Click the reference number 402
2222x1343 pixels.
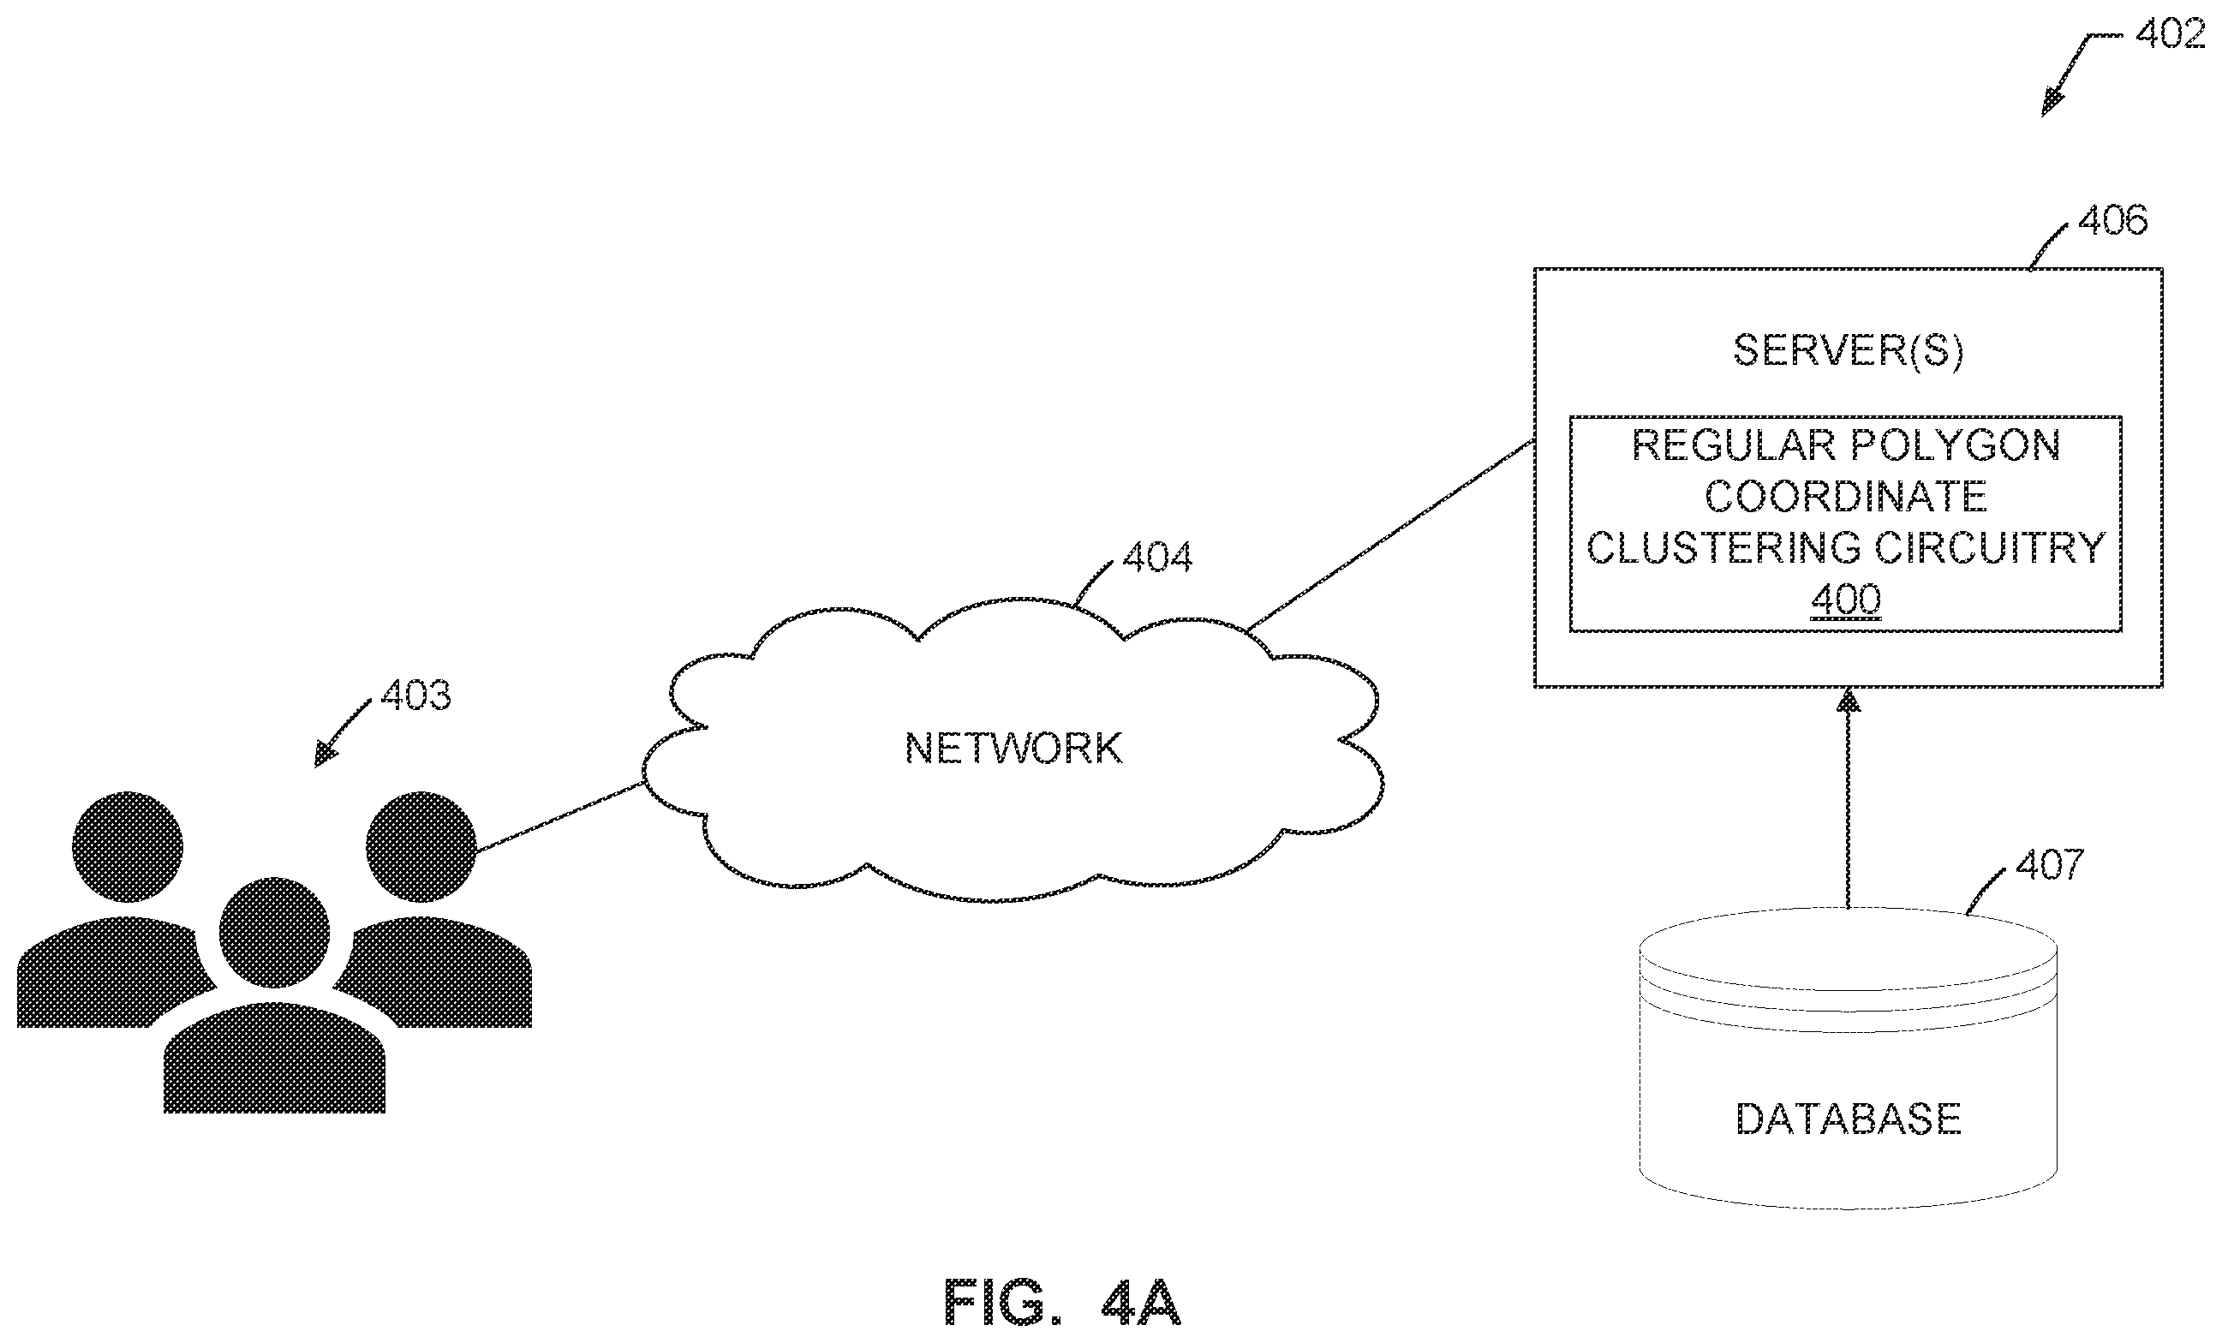coord(2177,34)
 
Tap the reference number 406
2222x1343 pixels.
coord(2112,220)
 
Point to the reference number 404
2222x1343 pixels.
coord(1157,558)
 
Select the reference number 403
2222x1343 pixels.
coord(415,695)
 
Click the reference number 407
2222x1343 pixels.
coord(2050,864)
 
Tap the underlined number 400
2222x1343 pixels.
coord(1846,600)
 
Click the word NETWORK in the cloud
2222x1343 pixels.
coord(1013,748)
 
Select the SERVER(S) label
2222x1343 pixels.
coord(1848,350)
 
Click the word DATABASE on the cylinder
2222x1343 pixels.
coord(1848,1119)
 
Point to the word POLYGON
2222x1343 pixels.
coord(1956,445)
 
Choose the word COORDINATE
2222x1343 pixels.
coord(1846,496)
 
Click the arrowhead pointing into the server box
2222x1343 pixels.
coord(1849,701)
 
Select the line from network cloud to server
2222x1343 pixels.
coord(1389,534)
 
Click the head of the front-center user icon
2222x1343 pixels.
coord(274,932)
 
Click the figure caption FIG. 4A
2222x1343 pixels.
coord(1061,1303)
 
